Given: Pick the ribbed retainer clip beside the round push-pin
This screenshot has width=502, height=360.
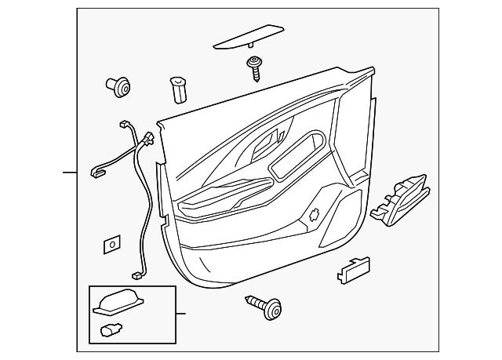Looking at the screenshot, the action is point(177,90).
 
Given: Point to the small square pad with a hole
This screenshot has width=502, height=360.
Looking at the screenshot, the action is point(111,245).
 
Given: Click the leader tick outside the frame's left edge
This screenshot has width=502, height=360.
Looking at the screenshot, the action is point(70,171).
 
